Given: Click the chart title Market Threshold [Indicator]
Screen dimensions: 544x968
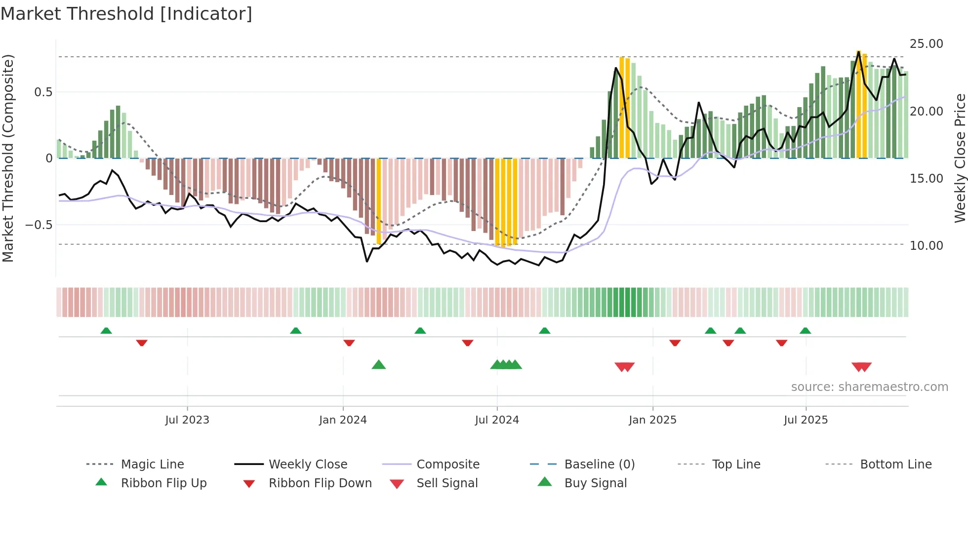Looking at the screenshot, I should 126,14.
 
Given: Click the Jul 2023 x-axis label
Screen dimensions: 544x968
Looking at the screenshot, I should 187,420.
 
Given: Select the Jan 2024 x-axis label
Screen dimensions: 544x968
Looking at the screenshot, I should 343,420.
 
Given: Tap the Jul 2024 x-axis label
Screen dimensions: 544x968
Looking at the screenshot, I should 497,420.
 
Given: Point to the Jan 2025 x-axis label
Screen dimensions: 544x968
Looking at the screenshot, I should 652,420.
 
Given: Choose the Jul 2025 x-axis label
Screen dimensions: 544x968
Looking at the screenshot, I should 806,420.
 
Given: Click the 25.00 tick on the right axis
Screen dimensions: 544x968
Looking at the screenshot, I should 926,44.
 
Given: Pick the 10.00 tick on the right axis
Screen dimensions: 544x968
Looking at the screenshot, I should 926,245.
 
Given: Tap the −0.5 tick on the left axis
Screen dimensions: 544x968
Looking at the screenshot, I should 39,225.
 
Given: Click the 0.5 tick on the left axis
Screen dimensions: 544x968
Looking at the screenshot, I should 43,92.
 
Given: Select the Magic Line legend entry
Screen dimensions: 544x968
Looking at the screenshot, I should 152,465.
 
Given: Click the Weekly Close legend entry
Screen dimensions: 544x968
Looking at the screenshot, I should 308,465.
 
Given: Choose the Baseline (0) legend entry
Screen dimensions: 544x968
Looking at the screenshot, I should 599,465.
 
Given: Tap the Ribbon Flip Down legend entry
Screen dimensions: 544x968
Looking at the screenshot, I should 320,483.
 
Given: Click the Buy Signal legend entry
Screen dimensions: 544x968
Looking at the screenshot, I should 595,483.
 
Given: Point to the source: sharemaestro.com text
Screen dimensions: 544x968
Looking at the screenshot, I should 869,387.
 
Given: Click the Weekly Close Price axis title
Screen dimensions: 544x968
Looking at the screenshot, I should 960,158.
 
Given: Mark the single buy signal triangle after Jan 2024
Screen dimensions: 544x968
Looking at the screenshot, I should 379,365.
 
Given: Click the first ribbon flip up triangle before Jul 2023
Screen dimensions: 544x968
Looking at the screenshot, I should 106,331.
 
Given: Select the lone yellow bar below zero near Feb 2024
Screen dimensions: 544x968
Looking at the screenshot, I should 379,201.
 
